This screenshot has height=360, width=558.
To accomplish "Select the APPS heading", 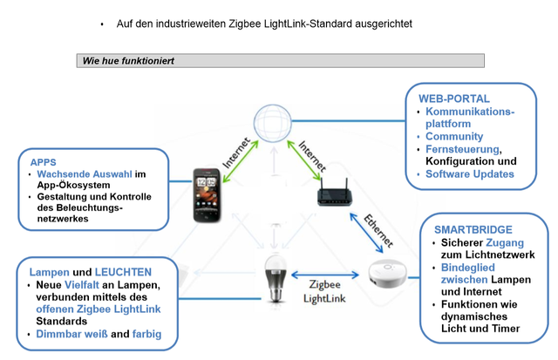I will [43, 162].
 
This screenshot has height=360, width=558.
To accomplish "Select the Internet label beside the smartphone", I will [237, 149].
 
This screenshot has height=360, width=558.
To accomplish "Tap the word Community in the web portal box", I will [454, 137].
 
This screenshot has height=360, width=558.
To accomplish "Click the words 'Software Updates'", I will [470, 174].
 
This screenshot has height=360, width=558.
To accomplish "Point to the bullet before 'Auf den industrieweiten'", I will [102, 24].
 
